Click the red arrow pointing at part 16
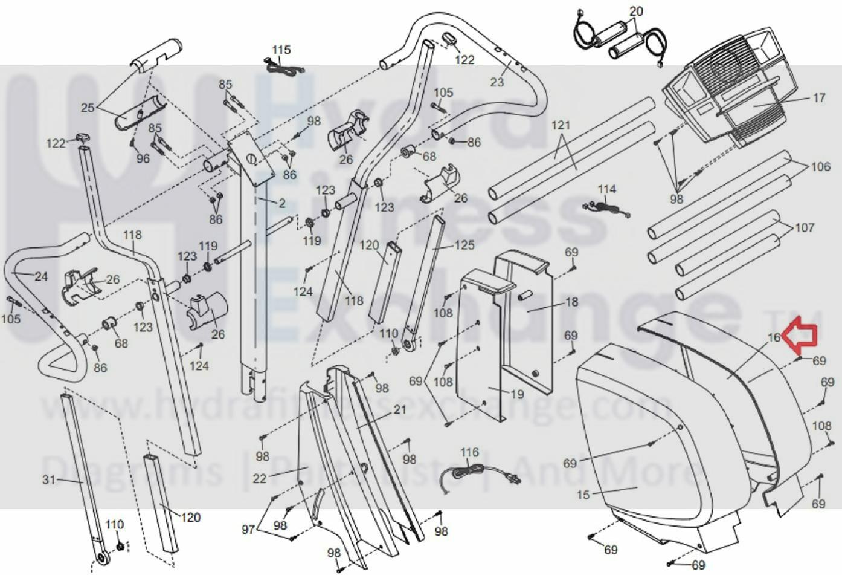point(800,336)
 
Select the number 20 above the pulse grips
point(636,11)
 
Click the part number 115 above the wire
point(281,50)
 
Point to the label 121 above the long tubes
point(561,125)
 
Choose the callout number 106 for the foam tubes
point(820,166)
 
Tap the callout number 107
point(804,228)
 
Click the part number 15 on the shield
point(583,495)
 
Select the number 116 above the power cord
point(469,452)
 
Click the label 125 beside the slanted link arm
point(464,245)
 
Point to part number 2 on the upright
point(282,203)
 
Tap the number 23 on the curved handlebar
point(497,82)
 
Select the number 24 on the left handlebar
point(40,277)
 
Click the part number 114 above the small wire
point(606,189)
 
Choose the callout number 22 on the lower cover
point(260,479)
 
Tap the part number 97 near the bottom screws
point(248,530)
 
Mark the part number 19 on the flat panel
point(516,395)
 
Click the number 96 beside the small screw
point(143,158)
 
